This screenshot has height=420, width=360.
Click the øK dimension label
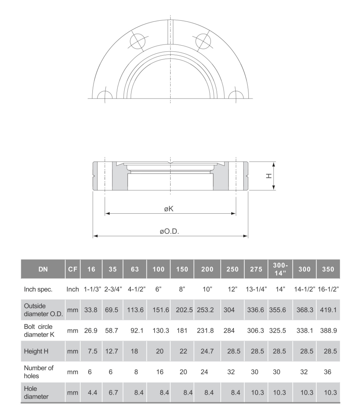pos(169,209)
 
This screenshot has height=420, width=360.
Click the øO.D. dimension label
pos(169,231)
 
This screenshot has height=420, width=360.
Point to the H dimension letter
pos(269,176)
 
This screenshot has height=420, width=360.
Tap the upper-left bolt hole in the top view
pos(138,41)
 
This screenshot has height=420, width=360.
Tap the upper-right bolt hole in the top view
pos(203,41)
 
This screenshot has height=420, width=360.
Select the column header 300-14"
pos(280,269)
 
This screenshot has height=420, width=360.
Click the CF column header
pos(72,269)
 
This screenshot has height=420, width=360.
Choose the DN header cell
pos(43,269)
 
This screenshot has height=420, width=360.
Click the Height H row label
pos(36,351)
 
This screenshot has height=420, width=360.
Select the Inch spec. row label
pos(38,289)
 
